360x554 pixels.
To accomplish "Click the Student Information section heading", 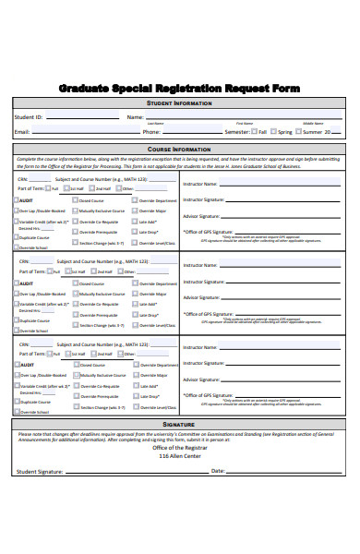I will [180, 104].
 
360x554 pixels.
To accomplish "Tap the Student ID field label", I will [29, 117].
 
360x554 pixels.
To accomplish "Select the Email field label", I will [22, 132].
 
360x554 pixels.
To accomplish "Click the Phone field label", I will [151, 132].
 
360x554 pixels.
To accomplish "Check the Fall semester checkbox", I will [255, 132].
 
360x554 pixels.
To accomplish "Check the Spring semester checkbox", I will [274, 132].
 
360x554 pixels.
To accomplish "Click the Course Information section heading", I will [180, 148].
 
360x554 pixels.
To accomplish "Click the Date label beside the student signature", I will [218, 471].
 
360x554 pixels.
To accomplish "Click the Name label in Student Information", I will [135, 117].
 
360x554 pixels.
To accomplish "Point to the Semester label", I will [238, 132].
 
